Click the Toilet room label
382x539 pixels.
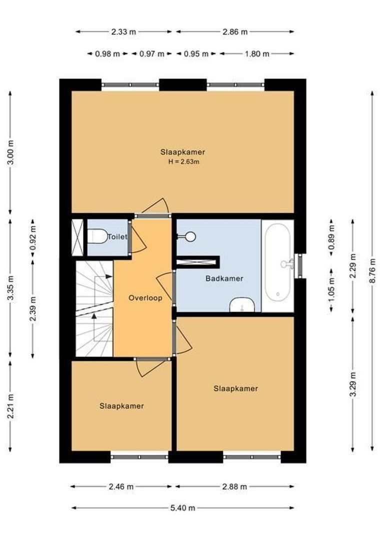117,237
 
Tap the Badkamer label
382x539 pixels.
224,278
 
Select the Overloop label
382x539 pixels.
145,298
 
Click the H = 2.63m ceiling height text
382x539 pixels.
183,162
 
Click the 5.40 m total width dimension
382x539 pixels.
182,508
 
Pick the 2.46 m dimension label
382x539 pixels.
121,486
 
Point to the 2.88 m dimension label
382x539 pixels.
234,486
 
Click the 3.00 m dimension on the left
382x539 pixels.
10,153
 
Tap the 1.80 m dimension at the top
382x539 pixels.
256,54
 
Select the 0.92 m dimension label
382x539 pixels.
33,238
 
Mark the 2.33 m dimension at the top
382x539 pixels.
123,31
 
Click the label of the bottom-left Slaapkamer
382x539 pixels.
121,406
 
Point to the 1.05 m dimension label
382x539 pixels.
330,290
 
